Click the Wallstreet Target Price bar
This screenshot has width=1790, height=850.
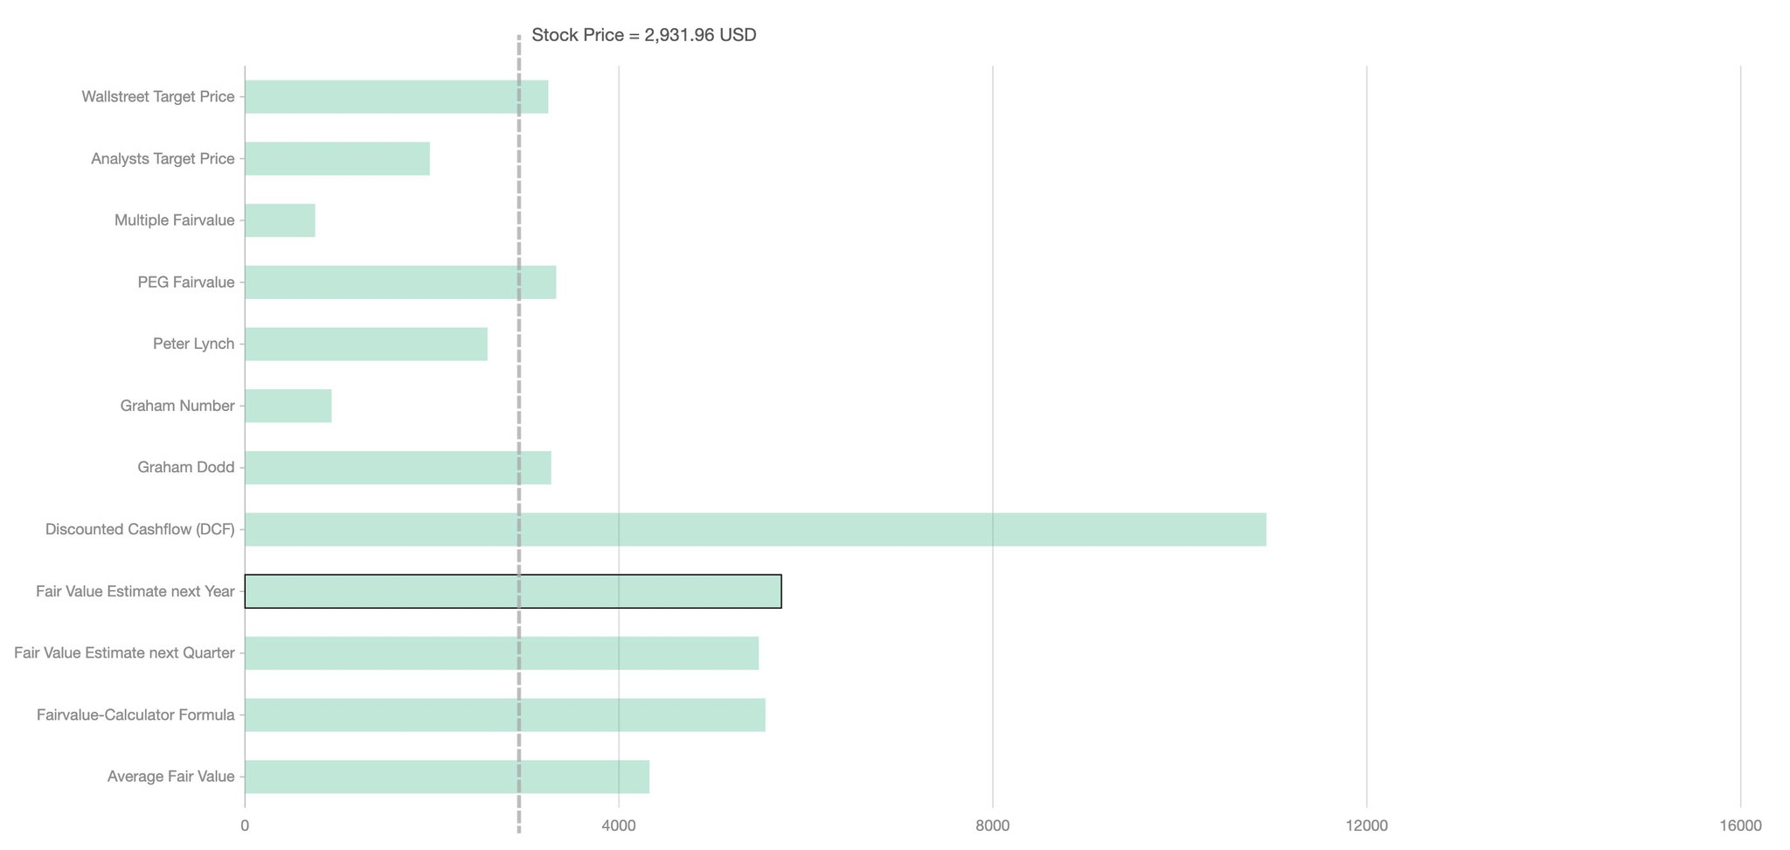click(396, 97)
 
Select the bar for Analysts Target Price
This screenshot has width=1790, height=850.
click(337, 158)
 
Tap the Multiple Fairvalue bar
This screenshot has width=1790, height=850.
click(280, 220)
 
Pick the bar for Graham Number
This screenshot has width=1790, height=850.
click(288, 406)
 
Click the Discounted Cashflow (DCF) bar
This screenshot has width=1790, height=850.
click(755, 530)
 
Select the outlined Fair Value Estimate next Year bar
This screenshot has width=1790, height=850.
click(513, 591)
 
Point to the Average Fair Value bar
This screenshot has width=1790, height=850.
click(447, 777)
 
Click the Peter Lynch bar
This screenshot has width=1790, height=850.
click(366, 344)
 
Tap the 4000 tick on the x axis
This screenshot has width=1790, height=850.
click(619, 826)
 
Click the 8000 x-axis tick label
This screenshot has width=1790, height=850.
click(993, 826)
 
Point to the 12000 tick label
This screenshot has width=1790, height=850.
click(1367, 826)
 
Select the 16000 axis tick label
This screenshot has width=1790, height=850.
click(1740, 826)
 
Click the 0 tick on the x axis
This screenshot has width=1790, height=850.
click(245, 826)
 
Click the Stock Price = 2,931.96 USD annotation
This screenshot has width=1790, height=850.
click(643, 36)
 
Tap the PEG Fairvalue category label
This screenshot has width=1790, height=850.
click(186, 282)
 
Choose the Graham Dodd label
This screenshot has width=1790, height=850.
click(186, 468)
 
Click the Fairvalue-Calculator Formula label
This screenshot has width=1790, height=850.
click(135, 715)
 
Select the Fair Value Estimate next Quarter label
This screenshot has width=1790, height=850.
click(125, 653)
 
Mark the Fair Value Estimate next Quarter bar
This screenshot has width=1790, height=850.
click(502, 653)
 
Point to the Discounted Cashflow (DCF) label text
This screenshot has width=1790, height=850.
click(140, 530)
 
